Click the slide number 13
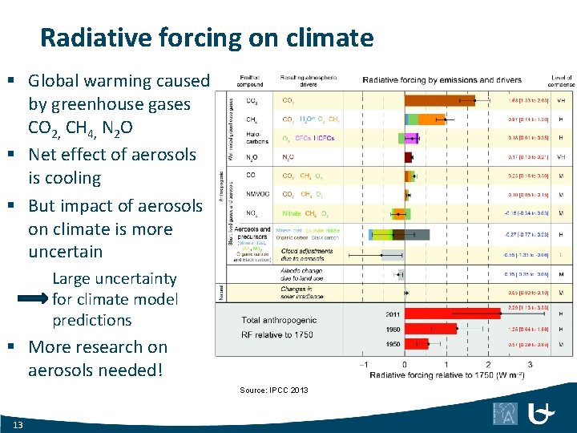point(18,424)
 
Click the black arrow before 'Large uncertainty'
point(34,299)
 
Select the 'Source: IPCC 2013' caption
point(273,391)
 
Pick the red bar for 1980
point(430,328)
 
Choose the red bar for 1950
point(416,343)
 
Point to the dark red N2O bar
point(408,157)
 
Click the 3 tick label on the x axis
point(530,365)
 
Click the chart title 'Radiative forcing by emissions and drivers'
point(442,79)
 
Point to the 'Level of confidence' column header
point(561,79)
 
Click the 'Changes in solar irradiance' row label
point(301,293)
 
